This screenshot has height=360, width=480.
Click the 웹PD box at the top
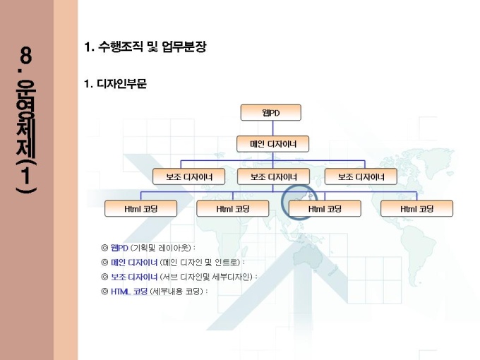[x=270, y=112]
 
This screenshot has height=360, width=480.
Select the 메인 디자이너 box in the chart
[x=272, y=144]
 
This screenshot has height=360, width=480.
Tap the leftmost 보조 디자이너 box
[x=189, y=176]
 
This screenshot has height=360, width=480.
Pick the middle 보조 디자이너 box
[x=273, y=176]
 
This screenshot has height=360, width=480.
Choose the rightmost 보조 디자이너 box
[x=361, y=176]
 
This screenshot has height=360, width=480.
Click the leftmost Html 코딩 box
[x=140, y=209]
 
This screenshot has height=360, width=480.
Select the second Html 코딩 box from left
[x=233, y=209]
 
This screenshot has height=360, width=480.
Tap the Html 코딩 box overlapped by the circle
[x=325, y=209]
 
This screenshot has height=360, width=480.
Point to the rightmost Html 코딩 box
[x=416, y=209]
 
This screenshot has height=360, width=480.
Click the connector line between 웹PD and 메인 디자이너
[x=272, y=128]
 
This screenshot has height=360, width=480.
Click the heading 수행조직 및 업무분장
[x=152, y=47]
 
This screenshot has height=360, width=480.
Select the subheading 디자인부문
[x=121, y=83]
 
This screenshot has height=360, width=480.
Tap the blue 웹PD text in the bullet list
[x=119, y=247]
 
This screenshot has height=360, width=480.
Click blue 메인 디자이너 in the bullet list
[x=134, y=263]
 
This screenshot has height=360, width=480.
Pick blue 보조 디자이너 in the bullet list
[x=134, y=277]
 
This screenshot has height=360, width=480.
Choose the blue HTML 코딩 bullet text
[x=129, y=292]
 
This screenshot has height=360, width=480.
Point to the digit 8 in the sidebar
[x=25, y=55]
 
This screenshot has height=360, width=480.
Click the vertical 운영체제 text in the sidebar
[x=25, y=119]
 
